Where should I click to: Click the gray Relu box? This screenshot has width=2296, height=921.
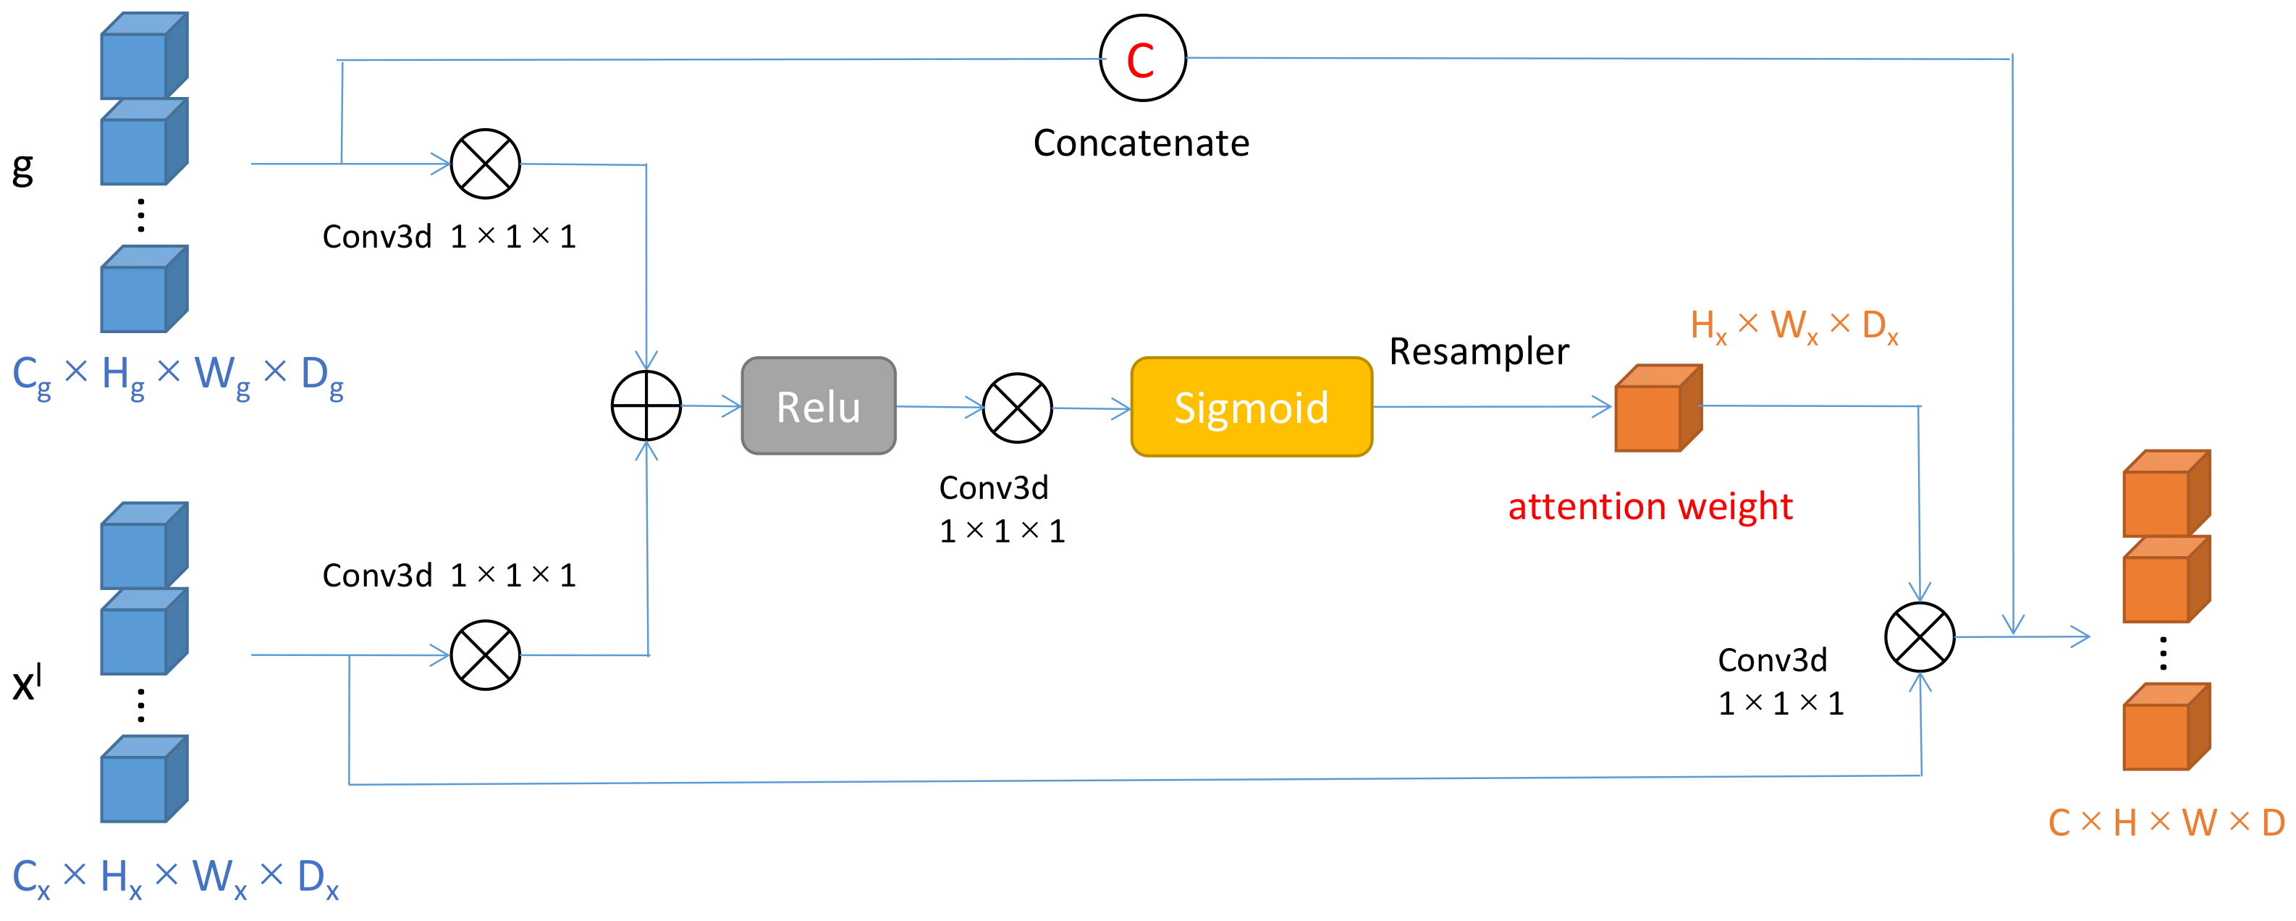tap(818, 407)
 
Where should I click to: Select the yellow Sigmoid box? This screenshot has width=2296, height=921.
tap(1251, 408)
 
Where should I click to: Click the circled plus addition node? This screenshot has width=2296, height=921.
tap(646, 405)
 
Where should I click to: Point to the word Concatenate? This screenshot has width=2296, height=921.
tap(1141, 143)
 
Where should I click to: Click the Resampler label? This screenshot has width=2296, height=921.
tap(1479, 351)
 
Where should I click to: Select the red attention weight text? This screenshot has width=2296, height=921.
tap(1650, 506)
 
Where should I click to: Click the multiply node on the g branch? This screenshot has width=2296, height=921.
tap(485, 164)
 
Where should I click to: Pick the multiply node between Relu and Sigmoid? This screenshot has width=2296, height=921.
tap(1017, 408)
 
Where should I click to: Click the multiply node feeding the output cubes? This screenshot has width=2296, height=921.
tap(1919, 636)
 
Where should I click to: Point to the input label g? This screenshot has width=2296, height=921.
tap(22, 167)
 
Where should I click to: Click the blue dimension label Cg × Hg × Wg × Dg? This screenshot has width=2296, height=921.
tap(177, 375)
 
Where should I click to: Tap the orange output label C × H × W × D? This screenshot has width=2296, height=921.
tap(2166, 822)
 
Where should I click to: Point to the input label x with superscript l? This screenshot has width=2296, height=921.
tap(27, 682)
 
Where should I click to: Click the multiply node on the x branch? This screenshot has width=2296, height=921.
tap(485, 655)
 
